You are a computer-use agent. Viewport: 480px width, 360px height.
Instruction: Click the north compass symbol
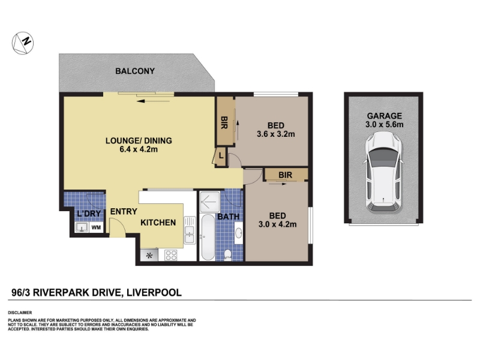(23, 43)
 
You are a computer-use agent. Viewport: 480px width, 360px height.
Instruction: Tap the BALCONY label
(135, 71)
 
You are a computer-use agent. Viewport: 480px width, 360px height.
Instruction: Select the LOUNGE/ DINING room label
(139, 140)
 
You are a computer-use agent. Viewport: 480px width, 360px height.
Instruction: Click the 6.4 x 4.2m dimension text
(139, 149)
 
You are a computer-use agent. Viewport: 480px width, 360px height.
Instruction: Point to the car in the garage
(383, 172)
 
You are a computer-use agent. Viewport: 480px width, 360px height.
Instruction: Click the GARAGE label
(384, 116)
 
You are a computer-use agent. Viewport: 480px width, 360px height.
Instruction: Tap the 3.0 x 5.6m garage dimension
(384, 125)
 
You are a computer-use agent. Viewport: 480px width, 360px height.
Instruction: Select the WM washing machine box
(96, 227)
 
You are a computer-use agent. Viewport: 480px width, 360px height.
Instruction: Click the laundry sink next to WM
(82, 227)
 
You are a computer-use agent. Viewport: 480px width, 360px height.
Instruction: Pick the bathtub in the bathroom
(208, 237)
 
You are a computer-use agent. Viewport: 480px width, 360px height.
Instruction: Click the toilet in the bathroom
(228, 254)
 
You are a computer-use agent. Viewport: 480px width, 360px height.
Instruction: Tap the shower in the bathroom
(209, 202)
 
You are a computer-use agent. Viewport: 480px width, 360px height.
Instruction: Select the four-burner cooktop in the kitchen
(171, 255)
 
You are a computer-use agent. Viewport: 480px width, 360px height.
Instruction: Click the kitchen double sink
(190, 230)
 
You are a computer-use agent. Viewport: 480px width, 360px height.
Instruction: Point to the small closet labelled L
(221, 156)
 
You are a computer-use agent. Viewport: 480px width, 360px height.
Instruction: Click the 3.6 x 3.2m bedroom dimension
(276, 134)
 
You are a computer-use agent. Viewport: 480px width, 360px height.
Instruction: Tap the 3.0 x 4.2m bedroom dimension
(277, 224)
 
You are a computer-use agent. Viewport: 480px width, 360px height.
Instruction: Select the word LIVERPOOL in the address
(154, 293)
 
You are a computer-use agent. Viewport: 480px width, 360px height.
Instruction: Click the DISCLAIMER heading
(20, 313)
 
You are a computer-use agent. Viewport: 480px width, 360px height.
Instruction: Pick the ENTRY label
(124, 212)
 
